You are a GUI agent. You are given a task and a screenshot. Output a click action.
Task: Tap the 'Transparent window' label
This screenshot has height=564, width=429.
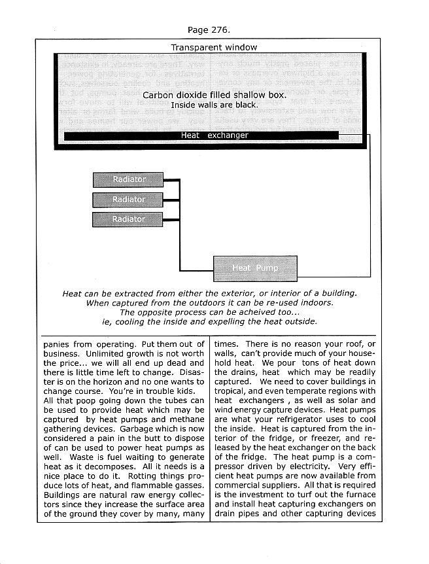pyautogui.click(x=214, y=47)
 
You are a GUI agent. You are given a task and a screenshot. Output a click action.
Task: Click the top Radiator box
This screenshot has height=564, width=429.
pyautogui.click(x=128, y=179)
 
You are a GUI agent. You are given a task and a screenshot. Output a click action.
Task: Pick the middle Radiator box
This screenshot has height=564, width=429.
pyautogui.click(x=128, y=200)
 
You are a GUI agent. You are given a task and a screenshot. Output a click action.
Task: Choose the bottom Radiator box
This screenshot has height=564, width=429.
pyautogui.click(x=128, y=219)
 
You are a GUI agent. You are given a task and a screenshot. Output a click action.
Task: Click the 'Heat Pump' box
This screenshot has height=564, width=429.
pyautogui.click(x=255, y=268)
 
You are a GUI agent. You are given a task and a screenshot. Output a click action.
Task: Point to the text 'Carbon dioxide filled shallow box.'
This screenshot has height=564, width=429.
pyautogui.click(x=214, y=95)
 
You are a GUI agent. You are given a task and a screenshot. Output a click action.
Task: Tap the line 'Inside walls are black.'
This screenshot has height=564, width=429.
pyautogui.click(x=214, y=105)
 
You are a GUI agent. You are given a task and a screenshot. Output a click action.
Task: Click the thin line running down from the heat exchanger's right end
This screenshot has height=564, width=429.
pyautogui.click(x=370, y=196)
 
